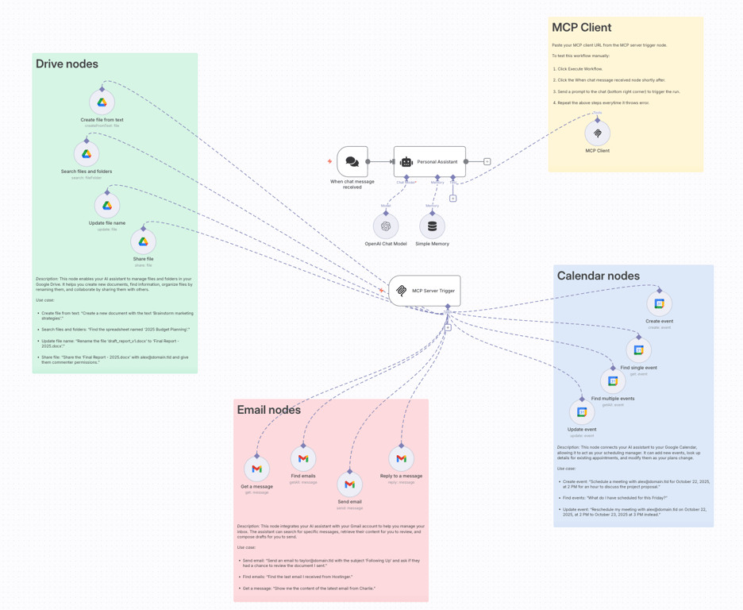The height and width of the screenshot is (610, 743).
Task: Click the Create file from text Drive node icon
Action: (x=102, y=102)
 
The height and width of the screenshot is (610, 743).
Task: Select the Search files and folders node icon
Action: (x=87, y=154)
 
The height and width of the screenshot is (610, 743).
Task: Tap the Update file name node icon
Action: (x=107, y=206)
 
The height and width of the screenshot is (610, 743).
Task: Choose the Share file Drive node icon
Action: (x=144, y=241)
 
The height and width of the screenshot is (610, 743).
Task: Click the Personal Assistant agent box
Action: (x=429, y=161)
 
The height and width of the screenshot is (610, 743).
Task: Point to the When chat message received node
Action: (x=352, y=161)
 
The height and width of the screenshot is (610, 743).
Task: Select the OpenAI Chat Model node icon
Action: (x=386, y=226)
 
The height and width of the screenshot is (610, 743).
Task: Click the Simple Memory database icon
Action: (x=432, y=226)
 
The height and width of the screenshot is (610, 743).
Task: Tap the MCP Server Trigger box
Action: (x=425, y=291)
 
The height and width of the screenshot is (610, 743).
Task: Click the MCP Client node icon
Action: (x=597, y=133)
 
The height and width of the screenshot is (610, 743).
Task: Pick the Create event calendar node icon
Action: (x=659, y=303)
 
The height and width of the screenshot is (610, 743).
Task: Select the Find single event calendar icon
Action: (x=638, y=349)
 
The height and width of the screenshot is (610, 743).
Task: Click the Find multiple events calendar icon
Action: (x=613, y=381)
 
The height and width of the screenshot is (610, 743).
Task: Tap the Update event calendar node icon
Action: (x=582, y=411)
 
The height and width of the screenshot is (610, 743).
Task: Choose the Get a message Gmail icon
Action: (x=256, y=469)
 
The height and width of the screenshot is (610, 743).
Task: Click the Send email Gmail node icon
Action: (x=349, y=484)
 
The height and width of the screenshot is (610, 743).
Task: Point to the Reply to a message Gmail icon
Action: (x=401, y=458)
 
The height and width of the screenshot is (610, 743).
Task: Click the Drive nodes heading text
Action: (x=67, y=64)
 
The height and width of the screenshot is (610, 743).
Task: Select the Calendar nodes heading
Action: (x=598, y=276)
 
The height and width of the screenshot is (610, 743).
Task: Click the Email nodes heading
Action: (x=268, y=410)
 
